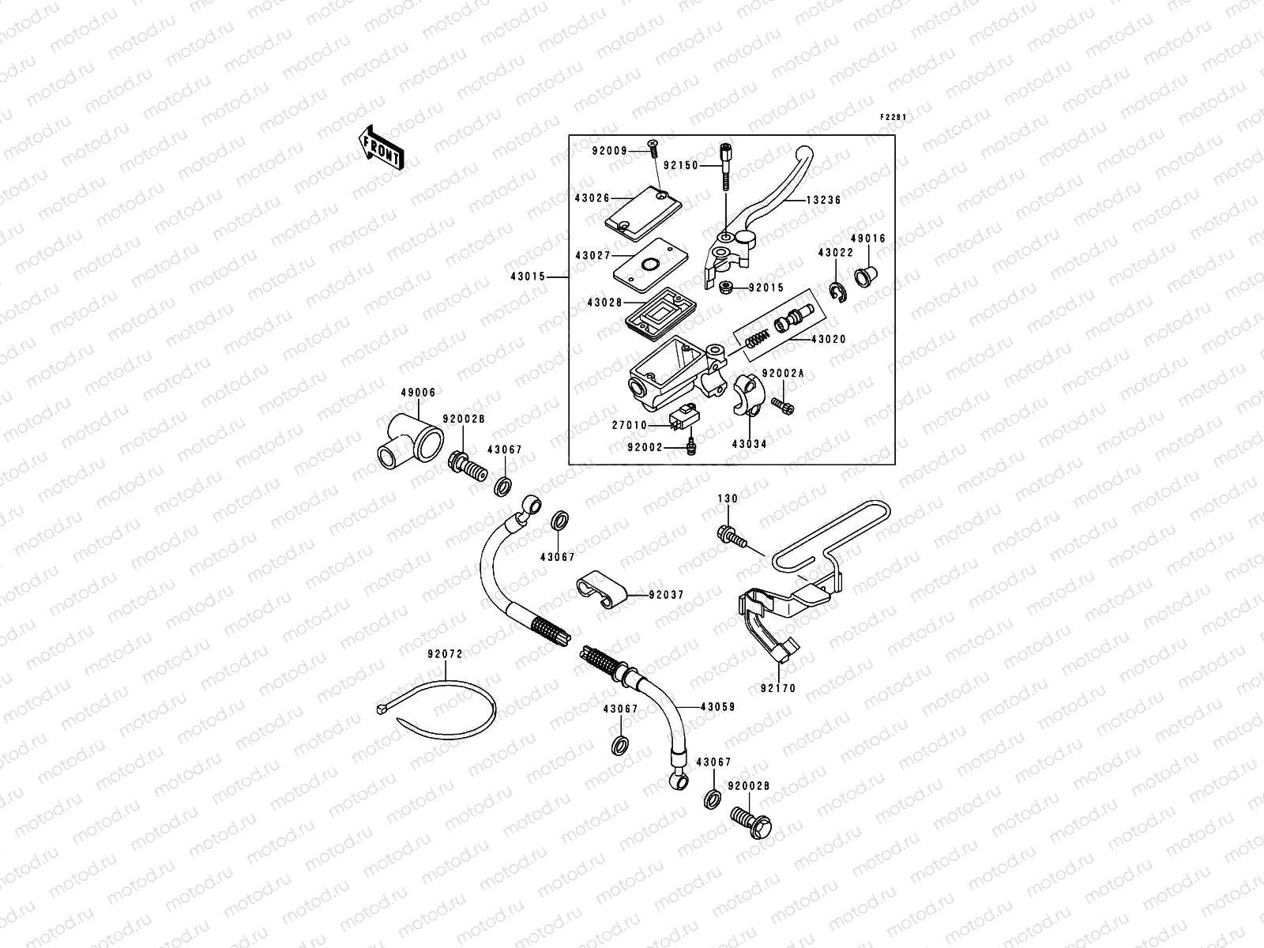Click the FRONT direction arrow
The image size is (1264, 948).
(382, 147)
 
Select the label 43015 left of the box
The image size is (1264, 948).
(529, 277)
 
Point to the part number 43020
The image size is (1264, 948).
(827, 339)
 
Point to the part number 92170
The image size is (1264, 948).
(777, 689)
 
